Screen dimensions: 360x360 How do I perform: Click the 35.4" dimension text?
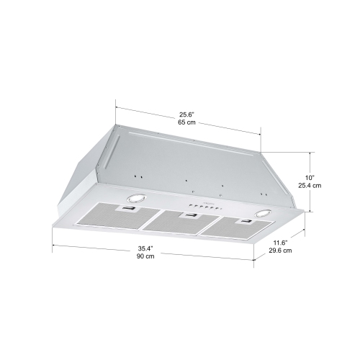(146, 248)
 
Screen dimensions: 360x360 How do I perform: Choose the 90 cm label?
(146, 257)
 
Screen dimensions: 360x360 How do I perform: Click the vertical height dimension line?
(311, 181)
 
